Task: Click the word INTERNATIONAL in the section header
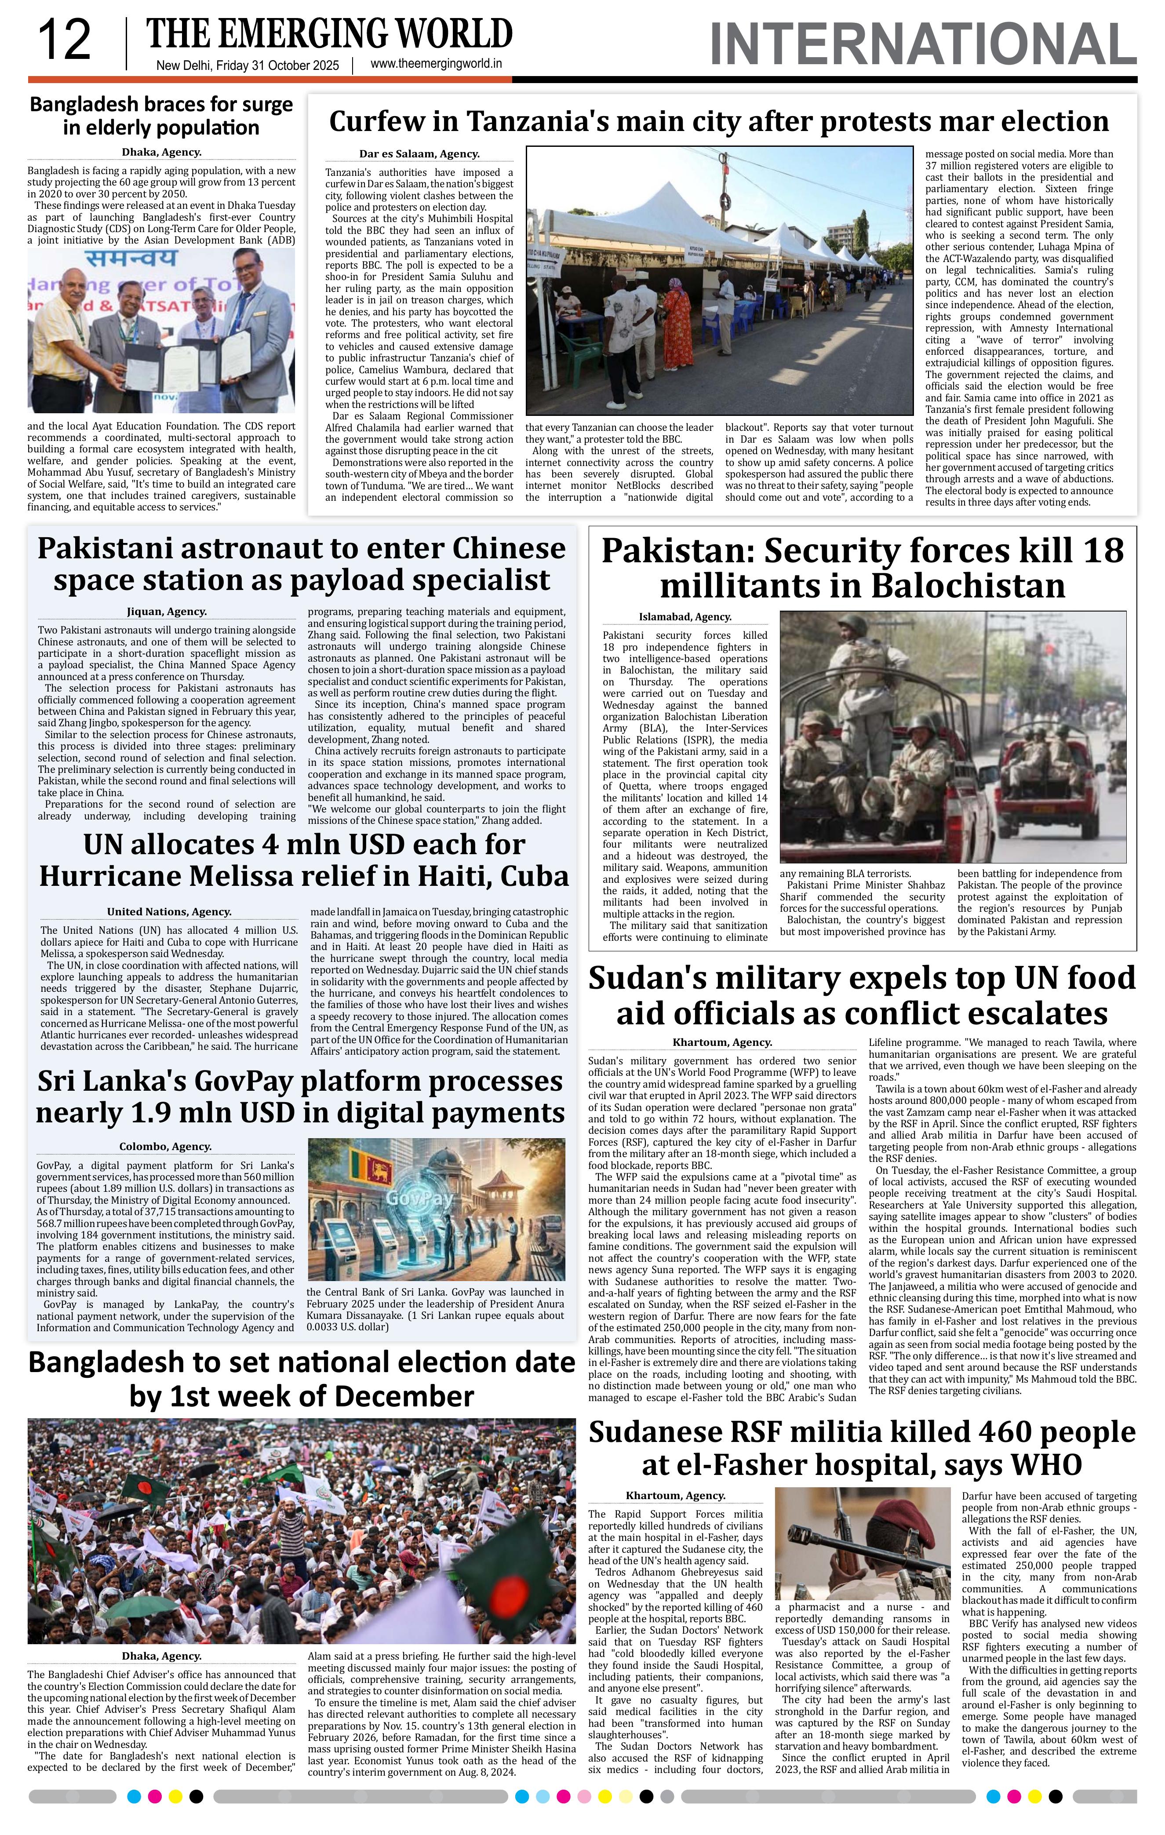922,45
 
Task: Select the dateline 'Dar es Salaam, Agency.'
419,154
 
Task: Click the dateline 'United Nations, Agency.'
169,911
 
